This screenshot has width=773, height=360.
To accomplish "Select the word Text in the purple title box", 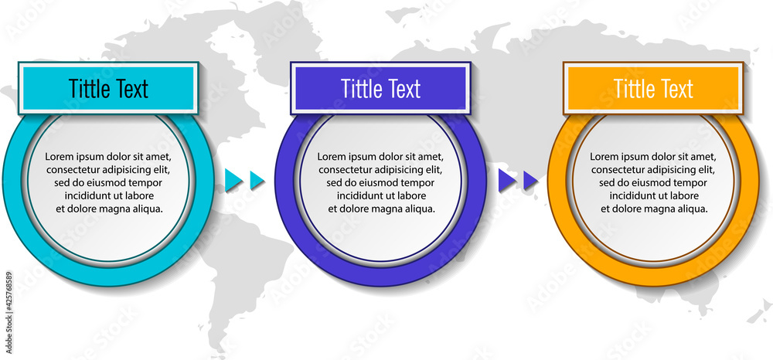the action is coord(401,89).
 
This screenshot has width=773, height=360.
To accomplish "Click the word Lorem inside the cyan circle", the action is coord(58,157).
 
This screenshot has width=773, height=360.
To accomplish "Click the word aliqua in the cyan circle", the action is coord(148,209).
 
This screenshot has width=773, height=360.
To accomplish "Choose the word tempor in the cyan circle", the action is coord(147,183).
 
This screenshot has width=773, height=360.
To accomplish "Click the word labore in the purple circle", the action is coord(413,196).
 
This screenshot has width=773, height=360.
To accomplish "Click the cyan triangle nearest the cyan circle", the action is coord(233,180).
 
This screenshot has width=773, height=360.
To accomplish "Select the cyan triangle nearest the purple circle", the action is coord(257,180).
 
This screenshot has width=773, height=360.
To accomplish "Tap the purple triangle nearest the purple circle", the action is coord(506,180).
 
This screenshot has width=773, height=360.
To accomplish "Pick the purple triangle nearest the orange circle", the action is coord(530,180).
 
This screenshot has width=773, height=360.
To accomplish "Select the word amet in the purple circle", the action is coord(432,157).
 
